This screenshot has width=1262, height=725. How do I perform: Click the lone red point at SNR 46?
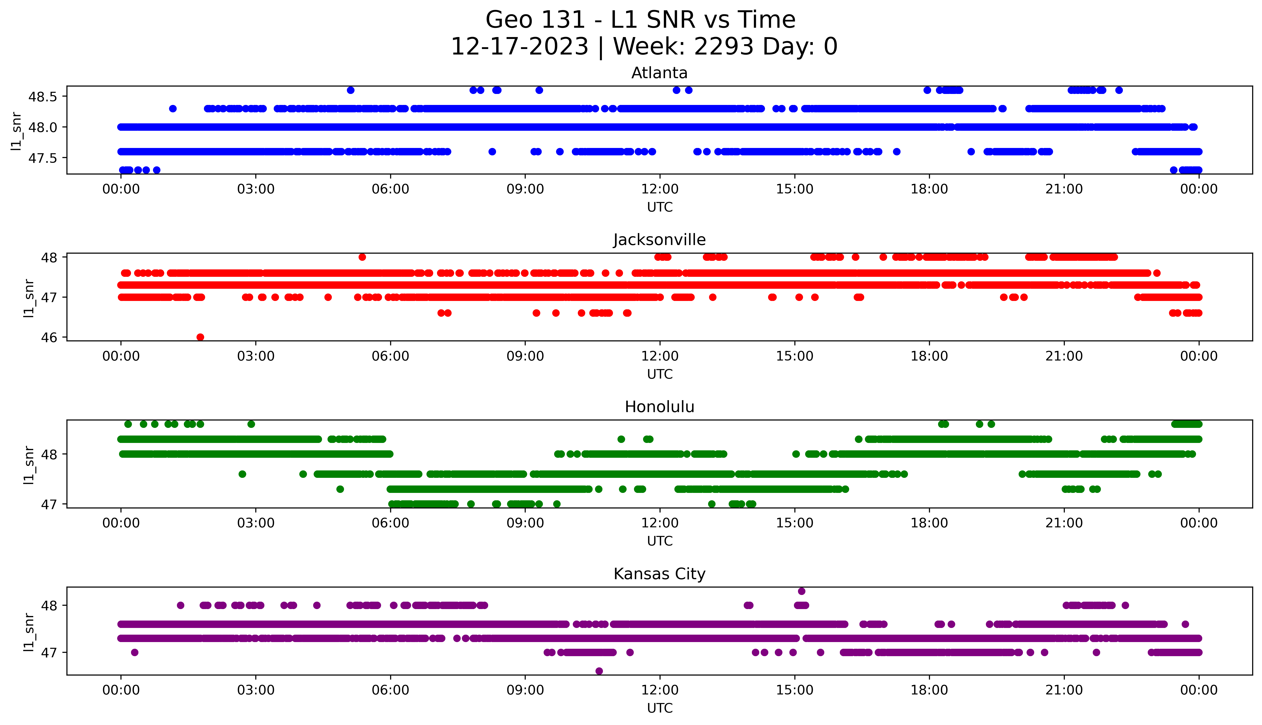pos(200,337)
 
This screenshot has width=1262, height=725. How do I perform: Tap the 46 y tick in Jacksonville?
pos(50,337)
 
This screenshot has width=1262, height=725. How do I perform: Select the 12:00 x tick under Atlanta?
pos(660,189)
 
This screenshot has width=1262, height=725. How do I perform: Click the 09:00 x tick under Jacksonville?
pos(525,356)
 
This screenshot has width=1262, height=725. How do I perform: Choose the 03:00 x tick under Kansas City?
pos(256,690)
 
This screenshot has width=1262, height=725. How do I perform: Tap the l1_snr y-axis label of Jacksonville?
pos(29,298)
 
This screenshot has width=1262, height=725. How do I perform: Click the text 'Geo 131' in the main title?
pos(535,20)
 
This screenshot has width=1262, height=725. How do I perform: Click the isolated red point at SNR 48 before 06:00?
pos(362,257)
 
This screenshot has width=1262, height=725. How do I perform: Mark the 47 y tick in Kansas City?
pos(50,652)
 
